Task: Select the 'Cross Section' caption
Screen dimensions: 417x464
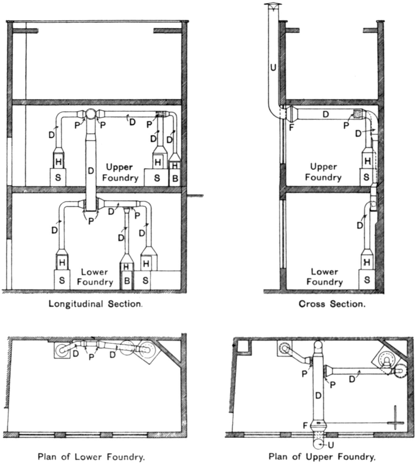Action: pyautogui.click(x=332, y=304)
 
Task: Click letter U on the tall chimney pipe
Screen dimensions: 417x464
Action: pyautogui.click(x=273, y=67)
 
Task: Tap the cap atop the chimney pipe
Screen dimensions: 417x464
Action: pyautogui.click(x=274, y=5)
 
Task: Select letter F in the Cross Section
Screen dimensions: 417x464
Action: pyautogui.click(x=291, y=127)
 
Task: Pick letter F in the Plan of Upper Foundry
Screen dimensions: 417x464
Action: pyautogui.click(x=305, y=425)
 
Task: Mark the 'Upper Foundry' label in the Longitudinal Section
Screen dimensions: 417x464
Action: pyautogui.click(x=120, y=172)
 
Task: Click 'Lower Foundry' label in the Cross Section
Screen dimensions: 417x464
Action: pyautogui.click(x=324, y=277)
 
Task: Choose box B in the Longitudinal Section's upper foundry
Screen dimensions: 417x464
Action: pyautogui.click(x=175, y=178)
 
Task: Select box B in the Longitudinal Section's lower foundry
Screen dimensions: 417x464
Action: pyautogui.click(x=127, y=280)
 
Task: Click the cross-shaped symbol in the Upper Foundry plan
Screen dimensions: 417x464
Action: pyautogui.click(x=395, y=423)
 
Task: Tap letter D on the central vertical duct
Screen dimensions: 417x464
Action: pyautogui.click(x=91, y=171)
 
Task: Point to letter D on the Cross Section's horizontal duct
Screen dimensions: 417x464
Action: pyautogui.click(x=325, y=114)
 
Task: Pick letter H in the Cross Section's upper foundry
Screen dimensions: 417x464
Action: pyautogui.click(x=367, y=161)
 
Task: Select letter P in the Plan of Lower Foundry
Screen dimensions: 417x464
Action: pyautogui.click(x=91, y=357)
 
